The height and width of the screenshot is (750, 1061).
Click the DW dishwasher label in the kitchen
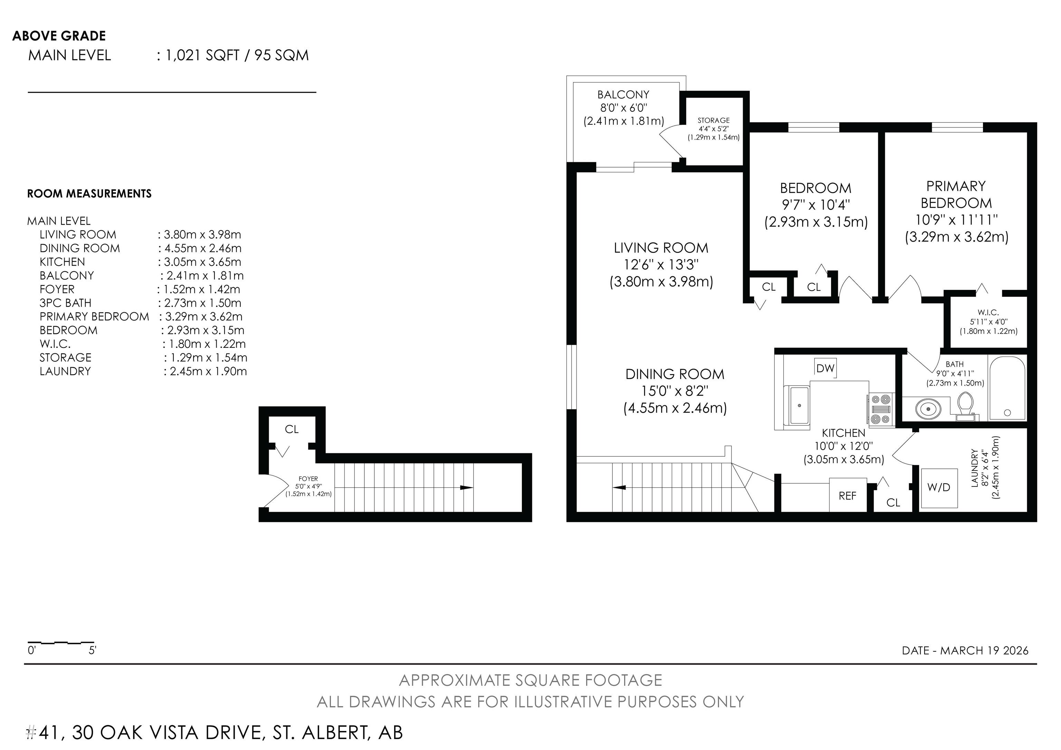pyautogui.click(x=825, y=368)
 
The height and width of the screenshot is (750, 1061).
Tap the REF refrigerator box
pyautogui.click(x=848, y=495)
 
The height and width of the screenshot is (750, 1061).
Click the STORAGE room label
pyautogui.click(x=714, y=120)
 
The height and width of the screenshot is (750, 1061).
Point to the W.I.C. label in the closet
pyautogui.click(x=988, y=312)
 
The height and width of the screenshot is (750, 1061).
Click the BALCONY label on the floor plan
pyautogui.click(x=623, y=95)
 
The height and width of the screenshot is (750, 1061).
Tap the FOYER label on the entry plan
pyautogui.click(x=308, y=479)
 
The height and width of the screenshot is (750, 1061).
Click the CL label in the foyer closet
pyautogui.click(x=291, y=429)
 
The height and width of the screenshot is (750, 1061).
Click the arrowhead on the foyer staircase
pyautogui.click(x=467, y=487)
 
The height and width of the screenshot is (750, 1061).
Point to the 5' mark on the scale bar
pyautogui.click(x=93, y=651)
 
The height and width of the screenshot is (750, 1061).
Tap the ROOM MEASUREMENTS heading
pyautogui.click(x=89, y=193)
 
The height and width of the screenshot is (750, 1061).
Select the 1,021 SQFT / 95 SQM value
pyautogui.click(x=237, y=56)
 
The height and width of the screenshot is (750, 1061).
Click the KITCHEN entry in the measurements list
pyautogui.click(x=63, y=262)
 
